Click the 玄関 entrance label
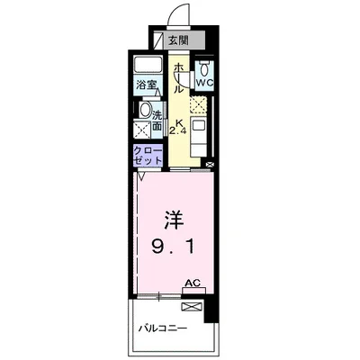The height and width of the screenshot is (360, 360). tap(177, 40)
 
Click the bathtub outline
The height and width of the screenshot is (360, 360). tap(148, 68)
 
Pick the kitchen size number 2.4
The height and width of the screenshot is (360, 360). tap(178, 128)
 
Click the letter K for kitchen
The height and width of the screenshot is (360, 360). tap(178, 117)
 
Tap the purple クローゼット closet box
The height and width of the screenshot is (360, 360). tap(148, 155)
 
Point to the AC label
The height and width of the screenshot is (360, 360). tap(192, 282)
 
